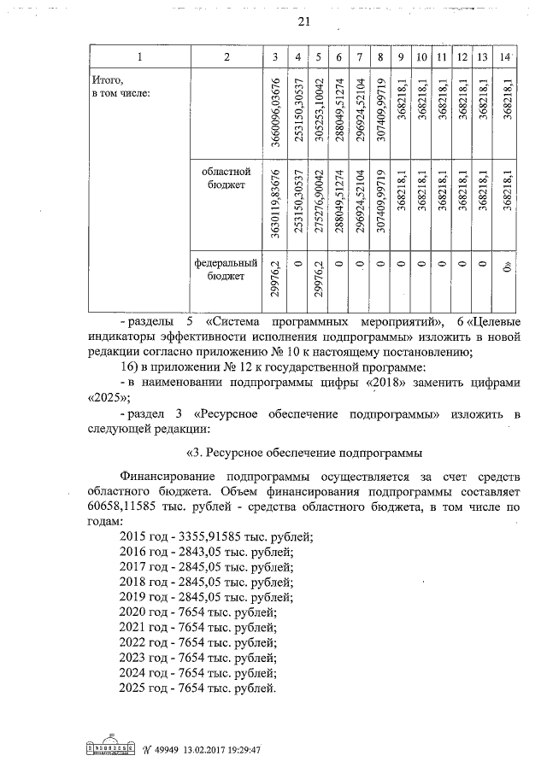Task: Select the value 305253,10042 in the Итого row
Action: click(x=317, y=113)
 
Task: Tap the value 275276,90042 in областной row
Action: click(x=317, y=205)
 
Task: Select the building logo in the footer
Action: click(x=111, y=747)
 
